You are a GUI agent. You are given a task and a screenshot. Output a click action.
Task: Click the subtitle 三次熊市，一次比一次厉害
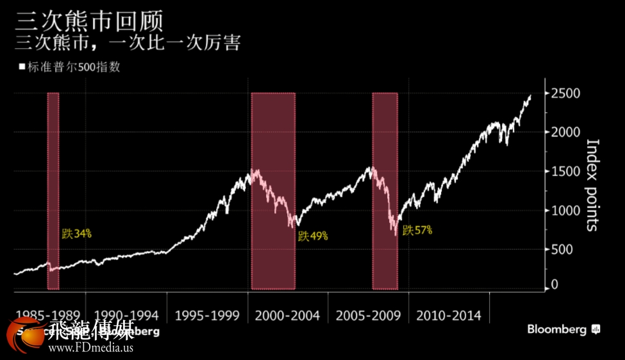pyautogui.click(x=128, y=43)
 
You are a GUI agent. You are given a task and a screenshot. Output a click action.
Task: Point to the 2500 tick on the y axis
pyautogui.click(x=565, y=94)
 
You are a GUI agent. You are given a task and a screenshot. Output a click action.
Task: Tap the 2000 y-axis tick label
pyautogui.click(x=565, y=133)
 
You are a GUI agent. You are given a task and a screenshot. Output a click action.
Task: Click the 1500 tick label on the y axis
pyautogui.click(x=565, y=172)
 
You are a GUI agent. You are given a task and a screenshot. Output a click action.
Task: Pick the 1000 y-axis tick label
pyautogui.click(x=565, y=211)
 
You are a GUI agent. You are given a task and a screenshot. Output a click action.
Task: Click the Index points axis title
pyautogui.click(x=592, y=185)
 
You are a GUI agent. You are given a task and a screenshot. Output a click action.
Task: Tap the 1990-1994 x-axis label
pyautogui.click(x=125, y=316)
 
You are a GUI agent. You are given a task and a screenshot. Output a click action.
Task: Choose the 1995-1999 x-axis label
pyautogui.click(x=206, y=316)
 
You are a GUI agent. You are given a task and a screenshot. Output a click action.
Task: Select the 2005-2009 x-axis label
pyautogui.click(x=368, y=316)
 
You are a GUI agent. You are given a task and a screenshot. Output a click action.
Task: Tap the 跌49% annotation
pyautogui.click(x=313, y=236)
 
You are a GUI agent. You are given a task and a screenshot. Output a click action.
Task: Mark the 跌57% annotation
pyautogui.click(x=417, y=230)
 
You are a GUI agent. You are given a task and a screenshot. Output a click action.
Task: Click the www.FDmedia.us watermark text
pyautogui.click(x=90, y=348)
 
